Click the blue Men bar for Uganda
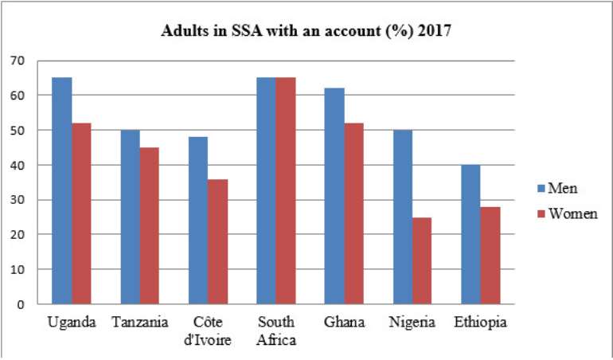click(62, 190)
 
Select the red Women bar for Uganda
click(81, 213)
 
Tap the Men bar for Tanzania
click(131, 217)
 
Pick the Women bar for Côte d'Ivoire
click(218, 241)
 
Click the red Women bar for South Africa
click(286, 190)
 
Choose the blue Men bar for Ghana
click(334, 196)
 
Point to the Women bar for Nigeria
click(422, 260)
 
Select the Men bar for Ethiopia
click(470, 234)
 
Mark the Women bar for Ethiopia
click(490, 255)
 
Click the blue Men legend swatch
click(541, 189)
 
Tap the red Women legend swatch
click(541, 214)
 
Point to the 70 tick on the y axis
click(18, 61)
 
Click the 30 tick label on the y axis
click(18, 200)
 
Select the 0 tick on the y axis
click(21, 304)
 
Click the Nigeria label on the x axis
click(412, 323)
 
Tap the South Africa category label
click(276, 331)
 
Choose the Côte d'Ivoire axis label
click(208, 331)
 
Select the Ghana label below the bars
click(344, 323)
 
